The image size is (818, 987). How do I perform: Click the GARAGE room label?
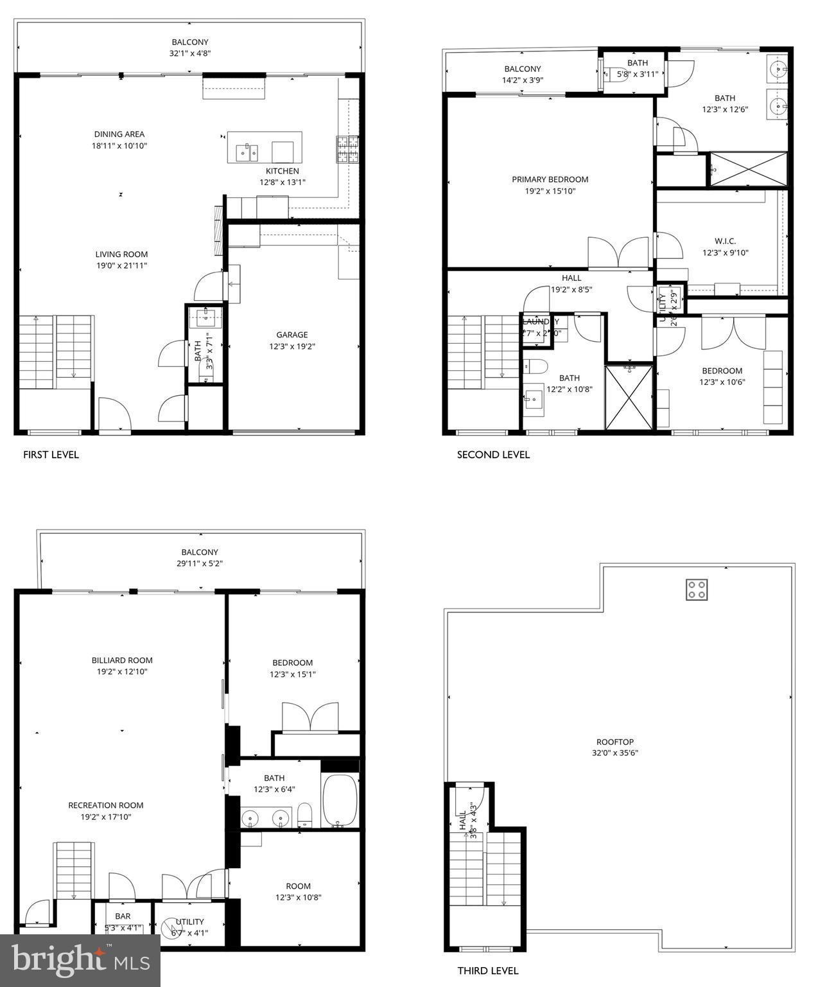coord(292,335)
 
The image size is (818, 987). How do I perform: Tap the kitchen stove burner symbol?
coord(347,149)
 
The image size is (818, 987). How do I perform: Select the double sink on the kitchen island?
coord(247,152)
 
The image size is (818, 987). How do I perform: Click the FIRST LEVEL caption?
coord(51,455)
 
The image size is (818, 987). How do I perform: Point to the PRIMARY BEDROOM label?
coord(550,179)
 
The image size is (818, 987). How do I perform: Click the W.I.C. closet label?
coord(725,241)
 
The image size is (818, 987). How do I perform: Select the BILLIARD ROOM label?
coord(122,660)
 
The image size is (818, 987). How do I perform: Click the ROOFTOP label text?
coord(614,742)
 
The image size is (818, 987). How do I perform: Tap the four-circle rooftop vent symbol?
coord(697,589)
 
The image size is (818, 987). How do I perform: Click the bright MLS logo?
coord(80,960)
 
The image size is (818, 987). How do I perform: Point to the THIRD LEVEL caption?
coord(487,970)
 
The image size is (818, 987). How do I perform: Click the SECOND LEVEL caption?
coord(493,455)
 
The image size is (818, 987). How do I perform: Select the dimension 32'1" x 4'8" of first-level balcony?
coord(190,54)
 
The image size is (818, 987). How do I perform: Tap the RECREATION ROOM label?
coord(106,805)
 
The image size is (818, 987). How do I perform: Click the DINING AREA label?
coord(119,134)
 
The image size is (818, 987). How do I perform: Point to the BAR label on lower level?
coord(123,916)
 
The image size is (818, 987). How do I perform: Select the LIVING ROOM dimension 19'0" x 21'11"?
coord(121,265)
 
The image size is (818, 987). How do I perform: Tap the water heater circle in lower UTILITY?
coord(168,926)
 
